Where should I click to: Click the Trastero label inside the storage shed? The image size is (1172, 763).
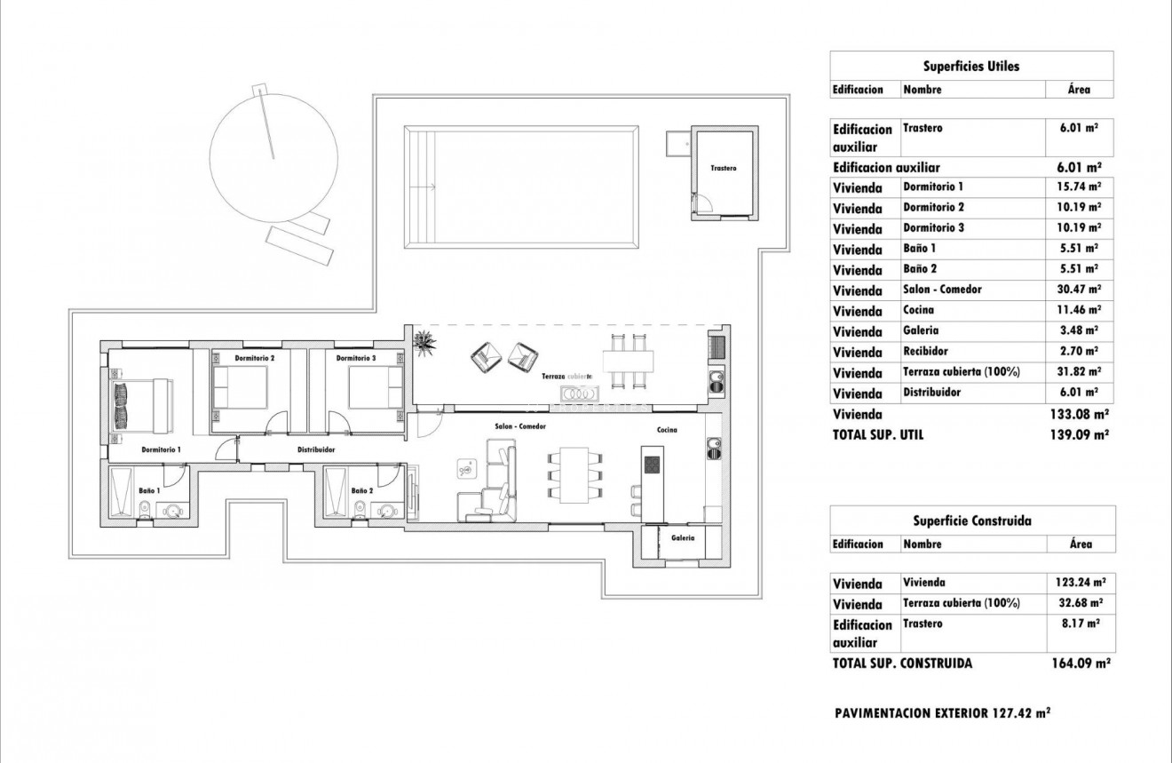click(x=723, y=168)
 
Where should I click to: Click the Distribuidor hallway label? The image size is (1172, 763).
click(x=315, y=449)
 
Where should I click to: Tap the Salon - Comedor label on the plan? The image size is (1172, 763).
click(x=520, y=427)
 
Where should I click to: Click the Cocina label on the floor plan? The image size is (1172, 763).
click(x=667, y=430)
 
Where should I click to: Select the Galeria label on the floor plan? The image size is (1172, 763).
click(x=683, y=537)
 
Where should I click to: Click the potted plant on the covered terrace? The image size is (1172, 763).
click(x=424, y=341)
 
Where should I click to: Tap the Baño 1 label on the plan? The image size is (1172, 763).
click(x=149, y=490)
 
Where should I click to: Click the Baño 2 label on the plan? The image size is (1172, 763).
click(x=360, y=490)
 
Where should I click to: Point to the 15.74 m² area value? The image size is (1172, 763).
click(x=1080, y=187)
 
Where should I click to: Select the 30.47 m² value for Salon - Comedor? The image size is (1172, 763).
click(x=1080, y=290)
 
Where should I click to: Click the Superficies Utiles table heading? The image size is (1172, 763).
click(x=971, y=66)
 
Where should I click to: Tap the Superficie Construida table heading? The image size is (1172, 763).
click(x=972, y=521)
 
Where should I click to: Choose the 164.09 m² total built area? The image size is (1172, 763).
click(x=1081, y=663)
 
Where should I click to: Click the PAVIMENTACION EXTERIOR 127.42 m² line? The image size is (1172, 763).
click(x=943, y=712)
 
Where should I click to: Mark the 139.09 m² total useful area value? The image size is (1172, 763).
click(x=1080, y=435)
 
